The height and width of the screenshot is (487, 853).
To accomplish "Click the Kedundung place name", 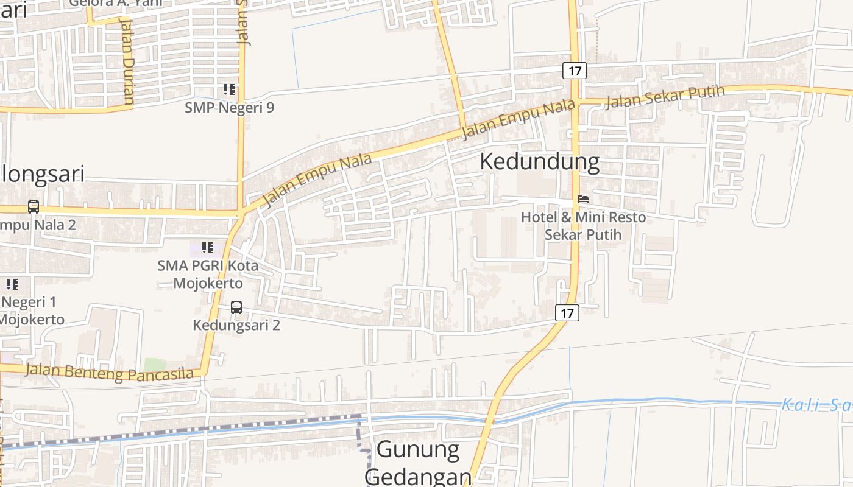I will click(539, 162).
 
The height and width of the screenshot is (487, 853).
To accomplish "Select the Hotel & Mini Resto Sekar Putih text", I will click(583, 226).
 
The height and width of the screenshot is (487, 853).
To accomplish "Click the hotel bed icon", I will click(583, 199).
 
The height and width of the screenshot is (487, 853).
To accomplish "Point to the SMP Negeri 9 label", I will click(229, 108).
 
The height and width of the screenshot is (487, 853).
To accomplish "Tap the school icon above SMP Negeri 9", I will click(229, 90).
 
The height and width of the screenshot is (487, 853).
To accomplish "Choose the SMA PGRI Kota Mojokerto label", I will click(208, 275).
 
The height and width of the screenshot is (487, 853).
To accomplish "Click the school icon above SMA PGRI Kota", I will click(208, 248).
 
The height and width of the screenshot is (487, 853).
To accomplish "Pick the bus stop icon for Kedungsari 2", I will click(236, 307).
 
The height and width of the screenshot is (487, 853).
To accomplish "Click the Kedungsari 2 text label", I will click(236, 325).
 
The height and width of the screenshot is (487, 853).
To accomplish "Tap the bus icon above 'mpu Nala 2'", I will click(34, 207).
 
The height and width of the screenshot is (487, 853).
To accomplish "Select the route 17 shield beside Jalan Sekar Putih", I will click(574, 71).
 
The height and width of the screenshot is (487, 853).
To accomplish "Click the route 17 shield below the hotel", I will click(567, 314).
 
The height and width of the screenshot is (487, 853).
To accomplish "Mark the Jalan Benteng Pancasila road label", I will click(110, 373).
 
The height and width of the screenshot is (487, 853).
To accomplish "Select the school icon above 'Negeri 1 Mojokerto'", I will click(12, 284).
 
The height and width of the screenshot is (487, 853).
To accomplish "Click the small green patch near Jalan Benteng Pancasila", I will click(154, 364).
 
